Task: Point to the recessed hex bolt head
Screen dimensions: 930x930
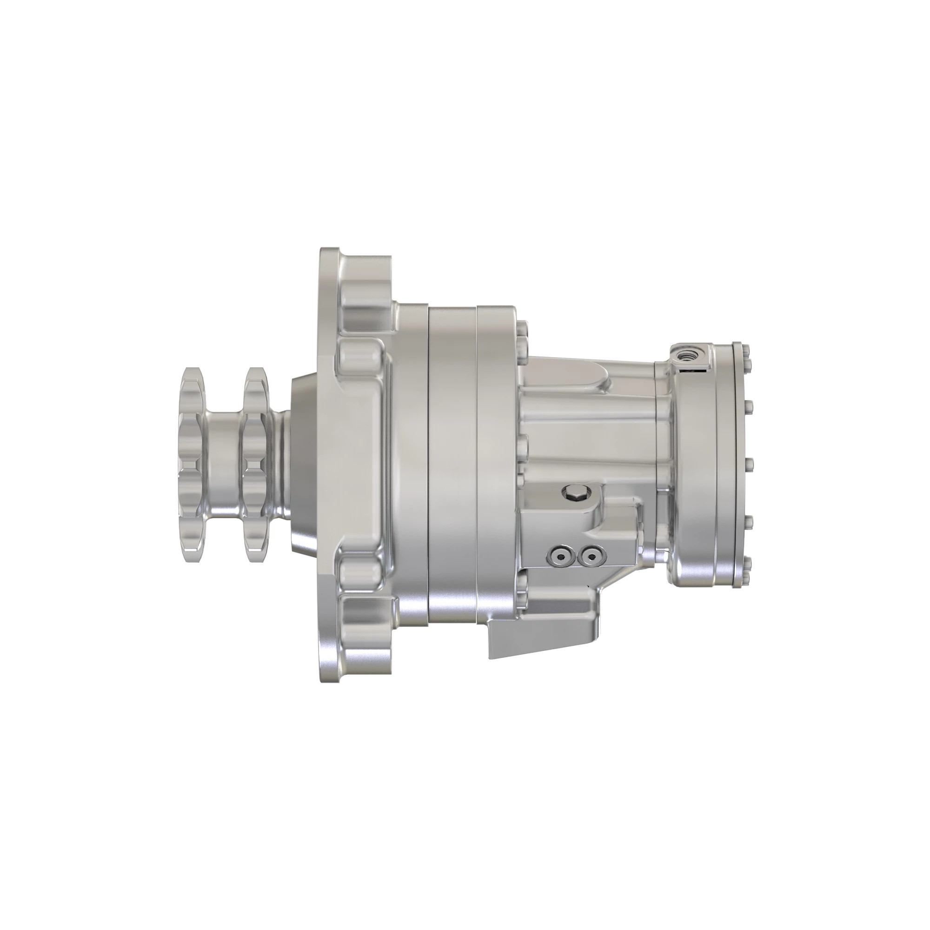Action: [576, 492]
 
